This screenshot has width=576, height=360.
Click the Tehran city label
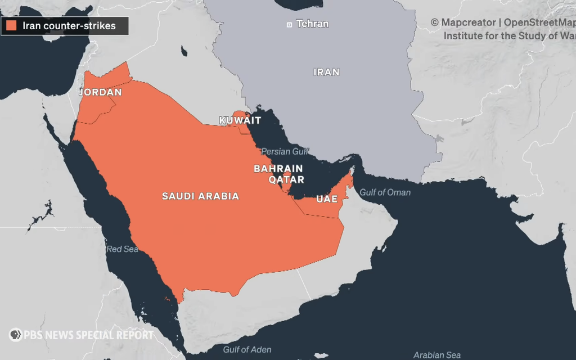[x=312, y=24]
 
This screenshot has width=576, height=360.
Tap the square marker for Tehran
[x=290, y=24]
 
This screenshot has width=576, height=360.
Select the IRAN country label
[x=326, y=72]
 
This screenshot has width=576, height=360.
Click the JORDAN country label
[x=101, y=92]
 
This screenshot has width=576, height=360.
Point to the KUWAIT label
[x=240, y=120]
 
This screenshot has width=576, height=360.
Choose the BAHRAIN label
[x=278, y=169]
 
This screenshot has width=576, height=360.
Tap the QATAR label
[x=286, y=179]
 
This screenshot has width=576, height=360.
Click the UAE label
[x=327, y=199]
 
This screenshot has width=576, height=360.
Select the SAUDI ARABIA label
[x=200, y=196]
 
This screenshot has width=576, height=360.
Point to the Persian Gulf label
[x=285, y=151]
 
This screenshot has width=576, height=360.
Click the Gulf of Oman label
[x=385, y=192]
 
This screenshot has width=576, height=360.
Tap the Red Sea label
[x=122, y=249]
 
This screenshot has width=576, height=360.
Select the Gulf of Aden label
[x=247, y=350]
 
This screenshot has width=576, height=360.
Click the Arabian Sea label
[x=437, y=355]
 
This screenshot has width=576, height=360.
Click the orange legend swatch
[x=11, y=26]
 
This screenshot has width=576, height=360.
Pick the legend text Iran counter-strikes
[x=69, y=26]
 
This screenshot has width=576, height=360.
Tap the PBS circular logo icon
[x=15, y=335]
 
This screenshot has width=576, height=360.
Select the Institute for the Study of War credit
[x=509, y=36]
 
